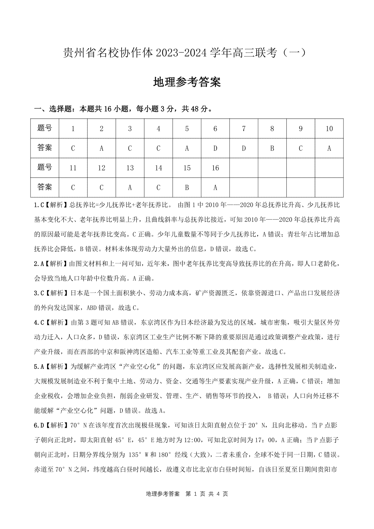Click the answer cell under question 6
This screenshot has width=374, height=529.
[x=215, y=148]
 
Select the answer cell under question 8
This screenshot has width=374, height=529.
[x=272, y=148]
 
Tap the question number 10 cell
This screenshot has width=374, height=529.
[x=329, y=129]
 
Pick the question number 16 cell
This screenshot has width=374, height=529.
[x=215, y=168]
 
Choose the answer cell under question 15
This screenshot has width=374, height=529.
[x=187, y=188]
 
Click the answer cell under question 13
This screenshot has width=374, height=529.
[x=130, y=188]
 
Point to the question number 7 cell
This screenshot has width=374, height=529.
[x=244, y=129]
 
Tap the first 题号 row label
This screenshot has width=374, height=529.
[x=45, y=128]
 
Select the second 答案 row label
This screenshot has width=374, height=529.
[x=45, y=187]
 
